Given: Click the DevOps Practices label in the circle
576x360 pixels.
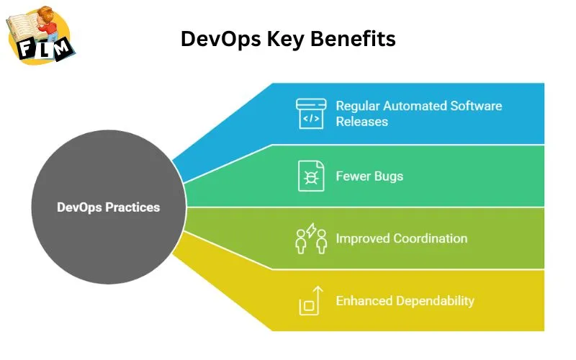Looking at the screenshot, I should click(108, 207).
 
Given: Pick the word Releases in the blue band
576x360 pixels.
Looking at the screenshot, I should click(361, 121).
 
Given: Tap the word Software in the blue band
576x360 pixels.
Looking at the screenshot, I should click(476, 106).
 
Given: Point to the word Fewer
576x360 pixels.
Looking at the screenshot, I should click(354, 176).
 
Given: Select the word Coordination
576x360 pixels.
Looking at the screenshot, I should click(430, 238).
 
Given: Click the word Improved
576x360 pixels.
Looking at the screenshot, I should click(362, 238).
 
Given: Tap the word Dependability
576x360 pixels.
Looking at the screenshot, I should click(435, 300).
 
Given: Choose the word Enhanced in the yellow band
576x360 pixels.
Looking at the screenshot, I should click(364, 300).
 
